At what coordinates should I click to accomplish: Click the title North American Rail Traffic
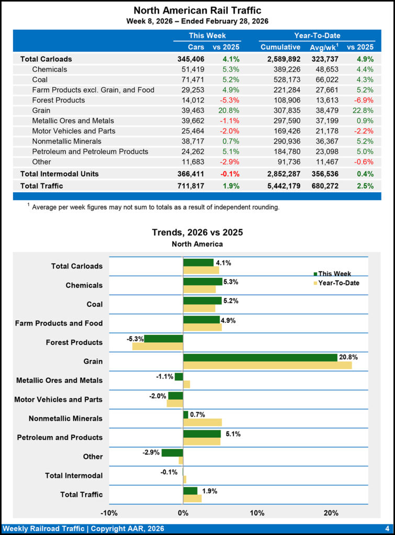pos(197,10)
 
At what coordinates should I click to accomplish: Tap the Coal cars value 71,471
pos(192,79)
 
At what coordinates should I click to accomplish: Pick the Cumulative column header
pos(280,47)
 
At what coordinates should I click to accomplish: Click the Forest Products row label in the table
pos(58,100)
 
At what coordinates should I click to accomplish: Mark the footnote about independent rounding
pos(154,207)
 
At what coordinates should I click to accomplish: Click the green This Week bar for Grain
pos(260,357)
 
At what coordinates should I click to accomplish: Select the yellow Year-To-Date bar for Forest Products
pos(157,346)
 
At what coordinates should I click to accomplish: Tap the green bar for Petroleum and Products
pos(202,434)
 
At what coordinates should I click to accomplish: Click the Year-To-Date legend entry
pos(340,283)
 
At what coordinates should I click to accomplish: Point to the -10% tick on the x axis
pos(109,513)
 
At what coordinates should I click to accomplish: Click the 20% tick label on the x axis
pos(331,513)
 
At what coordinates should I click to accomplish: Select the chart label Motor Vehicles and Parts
pos(58,400)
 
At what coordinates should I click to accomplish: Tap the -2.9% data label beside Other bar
pos(151,452)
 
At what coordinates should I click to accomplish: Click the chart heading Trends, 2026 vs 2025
pos(197,232)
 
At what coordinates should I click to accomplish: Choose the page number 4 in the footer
pos(387,529)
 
